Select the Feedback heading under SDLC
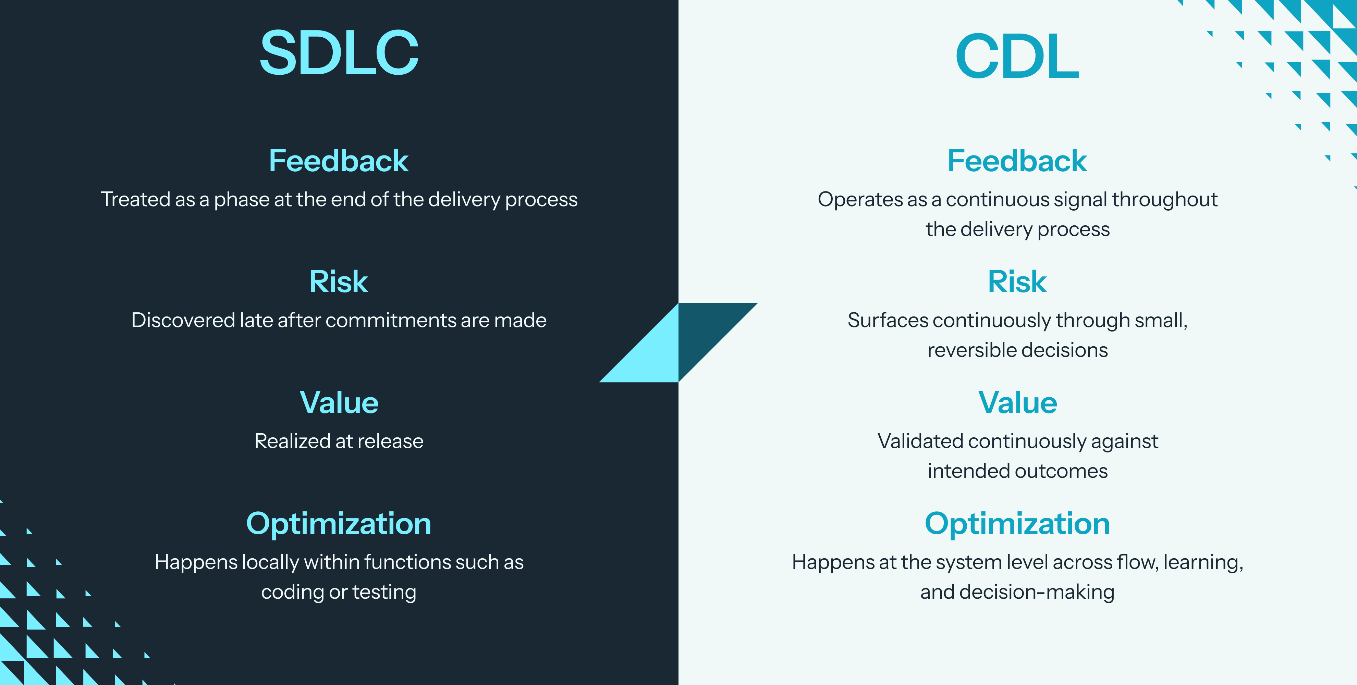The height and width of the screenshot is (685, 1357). [339, 161]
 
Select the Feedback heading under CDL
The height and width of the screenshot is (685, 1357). [1017, 161]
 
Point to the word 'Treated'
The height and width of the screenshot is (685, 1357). [135, 200]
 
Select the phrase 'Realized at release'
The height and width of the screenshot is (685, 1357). [339, 441]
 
